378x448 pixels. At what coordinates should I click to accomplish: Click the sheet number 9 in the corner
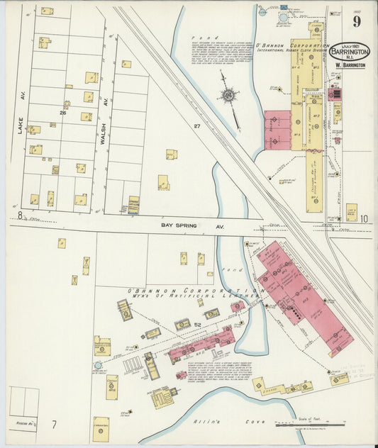click(x=356, y=21)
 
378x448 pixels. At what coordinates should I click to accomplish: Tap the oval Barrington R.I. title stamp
click(x=348, y=52)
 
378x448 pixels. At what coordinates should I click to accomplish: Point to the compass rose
click(x=229, y=96)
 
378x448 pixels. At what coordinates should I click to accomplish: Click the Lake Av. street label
click(x=21, y=125)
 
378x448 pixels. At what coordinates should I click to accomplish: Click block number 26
click(x=63, y=112)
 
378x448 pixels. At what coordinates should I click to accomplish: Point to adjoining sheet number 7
click(x=53, y=424)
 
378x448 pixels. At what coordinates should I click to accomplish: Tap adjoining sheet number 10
click(x=363, y=219)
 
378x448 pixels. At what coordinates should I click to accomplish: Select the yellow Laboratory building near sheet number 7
click(x=101, y=429)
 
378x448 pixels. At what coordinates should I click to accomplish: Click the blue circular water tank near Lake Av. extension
click(x=98, y=365)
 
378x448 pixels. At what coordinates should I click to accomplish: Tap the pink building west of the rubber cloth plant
click(x=277, y=130)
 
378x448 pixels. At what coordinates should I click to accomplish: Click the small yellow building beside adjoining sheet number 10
click(x=351, y=211)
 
